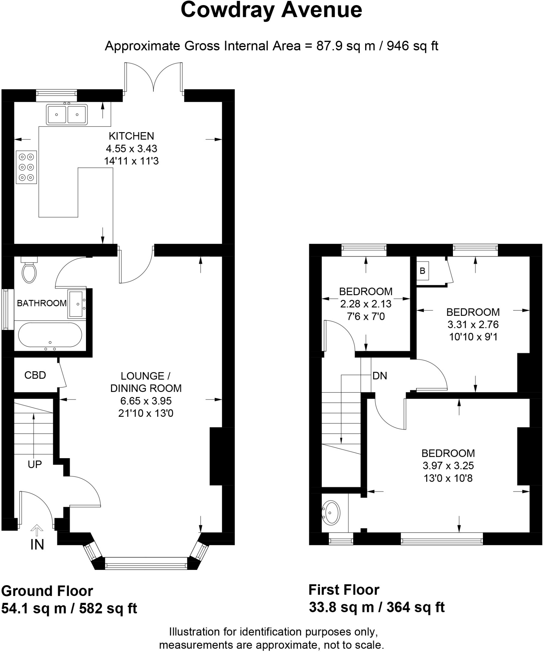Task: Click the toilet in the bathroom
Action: click(x=29, y=272)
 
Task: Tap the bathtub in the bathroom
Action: click(x=50, y=335)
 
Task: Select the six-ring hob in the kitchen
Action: click(x=26, y=167)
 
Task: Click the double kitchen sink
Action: click(x=67, y=114)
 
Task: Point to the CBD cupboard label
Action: click(x=35, y=375)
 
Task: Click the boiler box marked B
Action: click(x=422, y=271)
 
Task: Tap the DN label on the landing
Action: click(x=379, y=376)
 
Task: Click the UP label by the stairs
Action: click(x=34, y=464)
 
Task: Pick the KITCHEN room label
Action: click(x=131, y=136)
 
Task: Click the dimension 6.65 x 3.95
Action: click(x=146, y=401)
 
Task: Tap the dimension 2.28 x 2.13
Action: click(x=365, y=304)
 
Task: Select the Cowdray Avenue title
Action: click(x=271, y=10)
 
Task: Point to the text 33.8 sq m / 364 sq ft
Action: click(x=376, y=607)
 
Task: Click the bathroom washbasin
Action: click(x=76, y=304)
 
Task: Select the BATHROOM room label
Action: click(x=42, y=303)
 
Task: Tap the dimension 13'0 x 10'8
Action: click(x=448, y=478)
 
